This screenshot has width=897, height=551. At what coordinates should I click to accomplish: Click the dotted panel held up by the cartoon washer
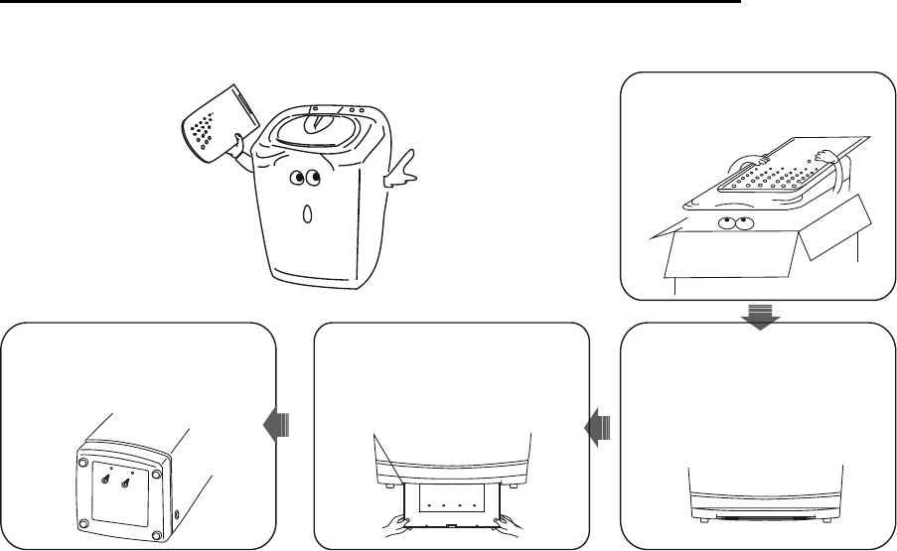(x=214, y=128)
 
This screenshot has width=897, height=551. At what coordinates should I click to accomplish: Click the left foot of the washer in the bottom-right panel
(x=701, y=516)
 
